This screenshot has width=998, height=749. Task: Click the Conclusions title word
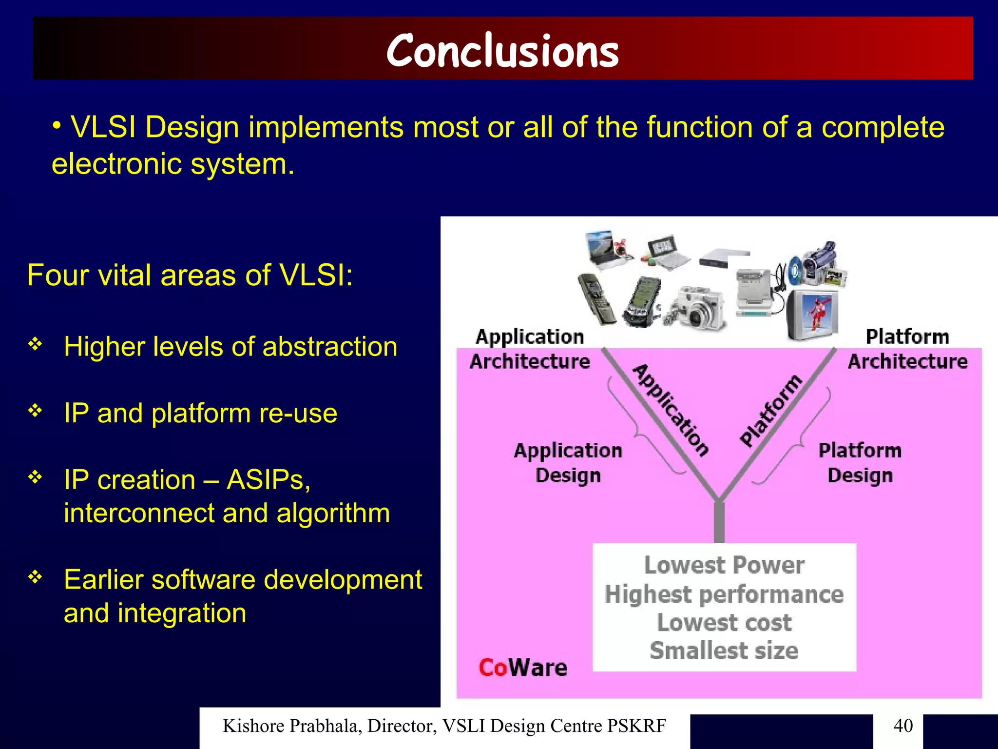(502, 51)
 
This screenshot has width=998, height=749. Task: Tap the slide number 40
(903, 725)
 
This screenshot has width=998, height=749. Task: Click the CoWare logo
(523, 668)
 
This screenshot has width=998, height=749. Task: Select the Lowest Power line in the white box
(724, 565)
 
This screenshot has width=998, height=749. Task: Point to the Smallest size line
(724, 650)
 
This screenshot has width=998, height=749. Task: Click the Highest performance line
(724, 594)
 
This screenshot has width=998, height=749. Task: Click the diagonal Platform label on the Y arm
(770, 411)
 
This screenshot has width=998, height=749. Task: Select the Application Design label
(568, 462)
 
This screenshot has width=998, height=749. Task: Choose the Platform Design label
(860, 462)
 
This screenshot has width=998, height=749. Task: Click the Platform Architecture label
(907, 349)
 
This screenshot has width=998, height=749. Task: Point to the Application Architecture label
(530, 349)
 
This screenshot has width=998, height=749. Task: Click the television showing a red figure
(813, 315)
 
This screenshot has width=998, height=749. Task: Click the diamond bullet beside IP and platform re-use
(35, 411)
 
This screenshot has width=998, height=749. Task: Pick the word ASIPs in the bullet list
(268, 479)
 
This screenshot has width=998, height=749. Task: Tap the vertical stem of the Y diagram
(719, 522)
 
